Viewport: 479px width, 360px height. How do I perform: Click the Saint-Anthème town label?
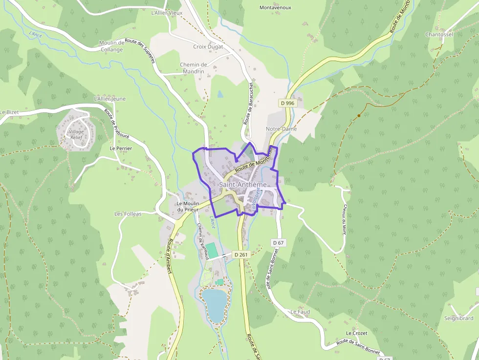pos(243,185)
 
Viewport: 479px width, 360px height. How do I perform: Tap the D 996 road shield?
pos(288,103)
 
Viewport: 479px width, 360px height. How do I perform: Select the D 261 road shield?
pos(241,254)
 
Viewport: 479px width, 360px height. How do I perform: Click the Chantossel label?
pos(439,34)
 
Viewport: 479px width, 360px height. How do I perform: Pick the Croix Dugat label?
pos(208,46)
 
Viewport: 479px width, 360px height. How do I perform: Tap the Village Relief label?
pos(76,135)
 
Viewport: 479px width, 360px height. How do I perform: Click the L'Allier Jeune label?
pos(109,99)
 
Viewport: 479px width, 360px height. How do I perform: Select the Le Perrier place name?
pos(121,148)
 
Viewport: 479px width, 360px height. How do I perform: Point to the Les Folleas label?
pos(128,214)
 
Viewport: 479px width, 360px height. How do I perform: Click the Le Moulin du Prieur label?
pos(186,206)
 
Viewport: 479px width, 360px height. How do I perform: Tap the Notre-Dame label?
pos(281,128)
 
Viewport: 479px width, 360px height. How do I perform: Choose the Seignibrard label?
pos(458,318)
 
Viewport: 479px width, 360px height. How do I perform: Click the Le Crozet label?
pos(356,333)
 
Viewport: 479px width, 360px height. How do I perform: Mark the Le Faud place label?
pos(300,312)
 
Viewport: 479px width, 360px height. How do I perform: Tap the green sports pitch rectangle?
pos(211,248)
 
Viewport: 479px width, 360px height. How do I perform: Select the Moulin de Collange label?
pos(111,46)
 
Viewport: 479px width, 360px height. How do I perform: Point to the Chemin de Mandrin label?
pos(194,68)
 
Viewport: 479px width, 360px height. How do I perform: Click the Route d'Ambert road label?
pos(170,257)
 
